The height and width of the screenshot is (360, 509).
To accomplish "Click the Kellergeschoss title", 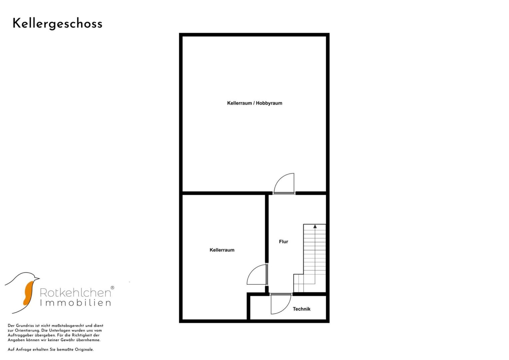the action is [57, 24].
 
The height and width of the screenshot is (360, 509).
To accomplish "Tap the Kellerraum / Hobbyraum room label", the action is [254, 103].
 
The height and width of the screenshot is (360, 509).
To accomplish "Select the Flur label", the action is [283, 242].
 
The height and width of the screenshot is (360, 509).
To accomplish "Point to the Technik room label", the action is [301, 309].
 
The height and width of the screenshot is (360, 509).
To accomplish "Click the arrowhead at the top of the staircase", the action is [315, 226].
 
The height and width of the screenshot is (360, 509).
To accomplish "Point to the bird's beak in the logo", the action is [37, 278].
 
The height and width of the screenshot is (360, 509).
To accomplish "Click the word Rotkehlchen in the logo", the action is [75, 293].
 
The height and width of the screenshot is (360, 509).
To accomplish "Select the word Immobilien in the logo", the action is [75, 303].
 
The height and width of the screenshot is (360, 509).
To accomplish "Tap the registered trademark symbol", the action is [112, 288].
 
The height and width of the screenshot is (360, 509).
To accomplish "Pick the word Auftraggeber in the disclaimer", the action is [19, 335].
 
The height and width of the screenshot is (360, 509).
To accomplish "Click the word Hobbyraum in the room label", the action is [269, 103].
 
